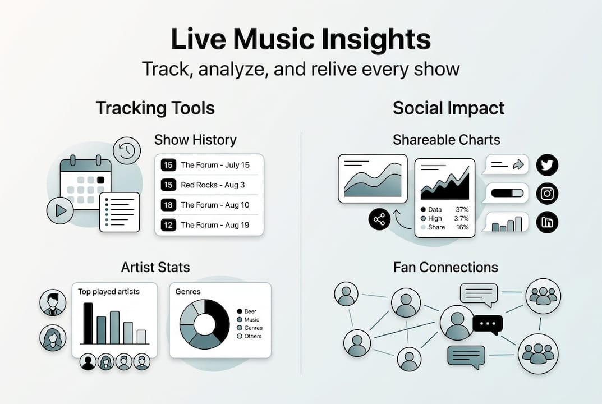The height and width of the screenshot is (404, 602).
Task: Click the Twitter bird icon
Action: (x=548, y=165)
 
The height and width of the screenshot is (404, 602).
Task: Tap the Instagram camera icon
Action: (x=548, y=194)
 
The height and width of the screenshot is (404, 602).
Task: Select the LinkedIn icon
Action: (x=548, y=222)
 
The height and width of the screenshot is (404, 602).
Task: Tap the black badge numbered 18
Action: (x=168, y=205)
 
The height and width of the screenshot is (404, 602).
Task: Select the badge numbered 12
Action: (x=168, y=225)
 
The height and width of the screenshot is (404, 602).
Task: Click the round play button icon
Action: (x=61, y=210)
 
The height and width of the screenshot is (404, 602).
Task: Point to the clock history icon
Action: (x=126, y=150)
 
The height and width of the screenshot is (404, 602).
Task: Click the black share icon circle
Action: (x=379, y=219)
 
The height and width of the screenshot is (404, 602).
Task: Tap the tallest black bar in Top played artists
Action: (x=88, y=323)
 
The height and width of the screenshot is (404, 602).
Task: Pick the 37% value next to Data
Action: (x=462, y=209)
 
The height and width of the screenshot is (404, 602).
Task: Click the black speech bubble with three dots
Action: (x=487, y=324)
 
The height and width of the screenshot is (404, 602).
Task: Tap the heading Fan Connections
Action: (x=445, y=267)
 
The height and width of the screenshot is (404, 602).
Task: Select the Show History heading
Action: (x=195, y=139)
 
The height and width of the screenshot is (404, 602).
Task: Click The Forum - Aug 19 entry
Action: (x=214, y=225)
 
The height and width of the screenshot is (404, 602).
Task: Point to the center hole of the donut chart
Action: (x=205, y=324)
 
